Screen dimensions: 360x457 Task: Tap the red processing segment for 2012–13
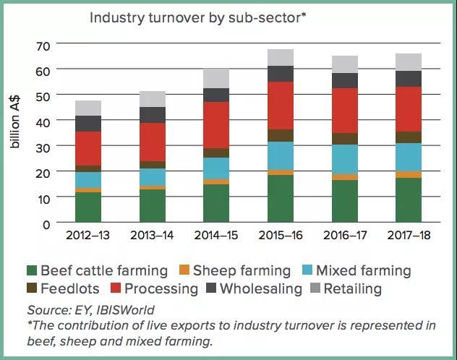87,148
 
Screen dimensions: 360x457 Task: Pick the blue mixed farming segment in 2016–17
344,159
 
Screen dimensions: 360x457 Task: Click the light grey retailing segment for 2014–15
215,78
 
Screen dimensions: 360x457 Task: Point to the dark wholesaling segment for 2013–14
152,115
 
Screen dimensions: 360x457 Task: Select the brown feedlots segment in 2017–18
409,137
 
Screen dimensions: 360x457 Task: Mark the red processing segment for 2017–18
409,109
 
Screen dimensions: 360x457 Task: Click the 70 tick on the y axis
43,45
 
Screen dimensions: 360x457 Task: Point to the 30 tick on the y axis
43,147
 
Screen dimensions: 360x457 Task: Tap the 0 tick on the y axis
46,224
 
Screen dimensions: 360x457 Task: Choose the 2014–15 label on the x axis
215,236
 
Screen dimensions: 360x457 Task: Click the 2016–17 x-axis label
344,236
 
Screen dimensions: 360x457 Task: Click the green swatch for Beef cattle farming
30,272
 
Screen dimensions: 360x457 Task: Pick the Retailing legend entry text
352,289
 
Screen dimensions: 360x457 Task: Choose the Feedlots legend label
71,289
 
